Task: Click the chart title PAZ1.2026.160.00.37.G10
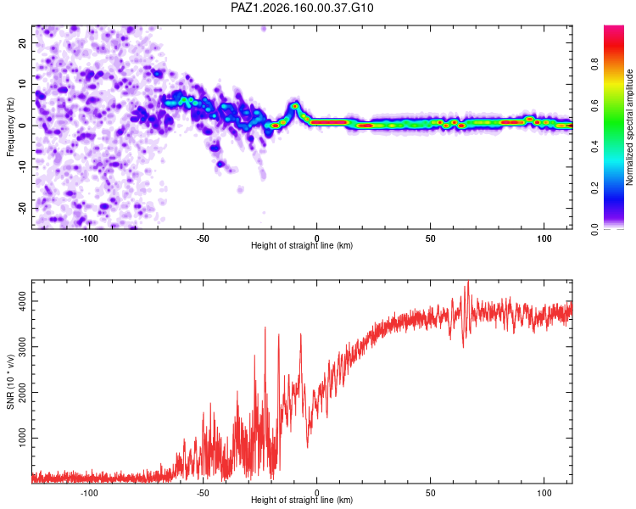coord(302,8)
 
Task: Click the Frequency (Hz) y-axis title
coord(10,127)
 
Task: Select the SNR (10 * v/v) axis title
coord(10,382)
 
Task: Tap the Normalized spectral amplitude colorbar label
coord(629,127)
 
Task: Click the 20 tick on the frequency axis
coord(22,42)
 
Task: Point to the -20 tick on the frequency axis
coord(22,208)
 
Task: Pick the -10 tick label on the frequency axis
coord(22,167)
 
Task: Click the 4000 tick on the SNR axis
coord(22,301)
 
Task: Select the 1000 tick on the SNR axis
coord(22,438)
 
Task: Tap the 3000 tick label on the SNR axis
coord(22,346)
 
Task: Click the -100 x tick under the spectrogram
coord(89,238)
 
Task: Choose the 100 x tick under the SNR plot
coord(544,493)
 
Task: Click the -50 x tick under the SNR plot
coord(203,493)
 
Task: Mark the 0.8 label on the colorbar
coord(594,64)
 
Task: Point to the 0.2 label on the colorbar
coord(594,188)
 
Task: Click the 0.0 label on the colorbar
coord(594,229)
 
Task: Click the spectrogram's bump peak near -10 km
coord(295,106)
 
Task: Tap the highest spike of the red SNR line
coord(468,281)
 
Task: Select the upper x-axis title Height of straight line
coord(302,245)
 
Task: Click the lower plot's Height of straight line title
coord(302,500)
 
